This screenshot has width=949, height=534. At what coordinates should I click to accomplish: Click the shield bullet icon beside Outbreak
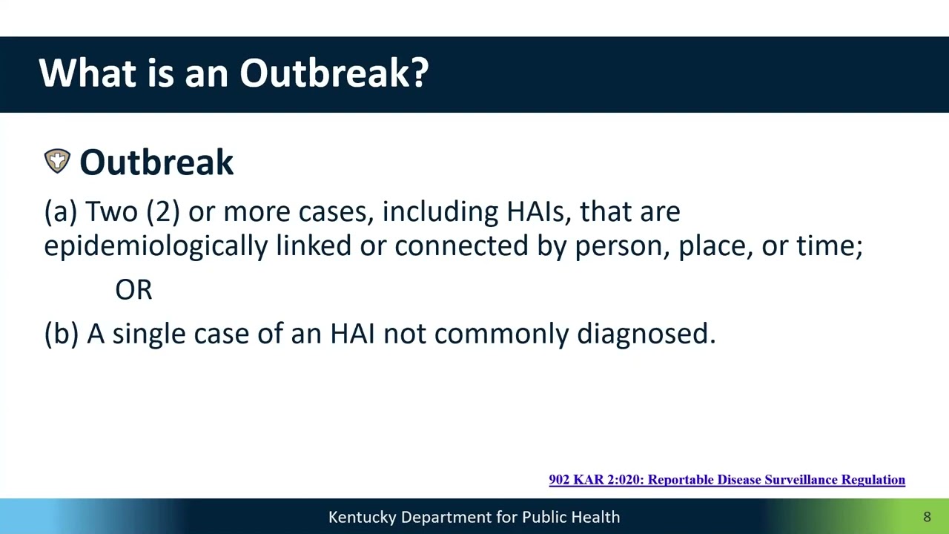click(57, 161)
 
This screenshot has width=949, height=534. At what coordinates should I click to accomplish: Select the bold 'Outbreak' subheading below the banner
click(156, 162)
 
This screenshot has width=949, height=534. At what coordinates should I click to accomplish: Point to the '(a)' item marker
click(61, 212)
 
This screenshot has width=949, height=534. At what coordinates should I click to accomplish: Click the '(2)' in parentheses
click(163, 212)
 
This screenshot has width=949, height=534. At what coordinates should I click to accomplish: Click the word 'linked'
click(314, 245)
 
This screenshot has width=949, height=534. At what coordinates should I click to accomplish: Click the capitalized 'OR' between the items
click(133, 290)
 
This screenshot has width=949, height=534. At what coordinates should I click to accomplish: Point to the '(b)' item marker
click(62, 334)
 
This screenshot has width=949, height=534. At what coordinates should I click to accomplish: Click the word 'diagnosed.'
click(646, 334)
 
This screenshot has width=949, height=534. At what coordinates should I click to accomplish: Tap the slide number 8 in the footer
click(927, 517)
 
